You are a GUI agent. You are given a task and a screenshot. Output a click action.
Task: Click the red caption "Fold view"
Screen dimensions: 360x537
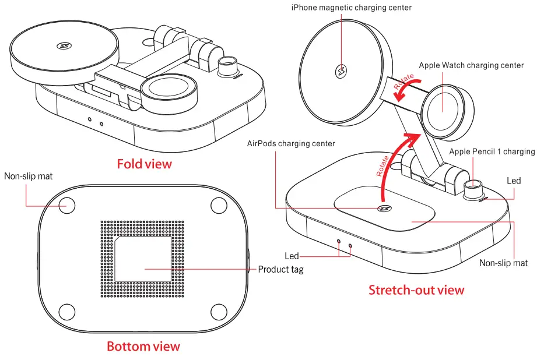point(145,164)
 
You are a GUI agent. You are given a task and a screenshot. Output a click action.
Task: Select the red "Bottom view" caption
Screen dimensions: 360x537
point(143,347)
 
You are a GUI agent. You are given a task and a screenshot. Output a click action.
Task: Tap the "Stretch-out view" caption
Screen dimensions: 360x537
point(416,290)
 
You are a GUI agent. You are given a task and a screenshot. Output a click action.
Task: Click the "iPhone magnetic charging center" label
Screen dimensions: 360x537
point(360,8)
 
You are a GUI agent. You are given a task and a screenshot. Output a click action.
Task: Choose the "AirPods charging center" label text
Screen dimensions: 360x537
point(291,143)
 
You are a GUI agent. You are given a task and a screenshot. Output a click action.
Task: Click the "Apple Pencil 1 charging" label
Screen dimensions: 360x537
point(492,151)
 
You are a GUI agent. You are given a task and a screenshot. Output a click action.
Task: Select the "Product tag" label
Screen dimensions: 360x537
point(281,270)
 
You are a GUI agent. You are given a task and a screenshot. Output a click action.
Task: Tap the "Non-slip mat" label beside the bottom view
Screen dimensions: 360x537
point(29,175)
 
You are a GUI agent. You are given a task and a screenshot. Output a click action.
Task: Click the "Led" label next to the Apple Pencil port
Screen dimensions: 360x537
point(513,181)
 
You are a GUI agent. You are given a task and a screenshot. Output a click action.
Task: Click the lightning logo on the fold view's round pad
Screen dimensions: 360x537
point(62,46)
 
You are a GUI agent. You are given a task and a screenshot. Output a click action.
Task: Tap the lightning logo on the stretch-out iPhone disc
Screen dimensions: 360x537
point(341,72)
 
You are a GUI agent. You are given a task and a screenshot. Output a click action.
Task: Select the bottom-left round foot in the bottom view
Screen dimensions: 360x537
point(68,311)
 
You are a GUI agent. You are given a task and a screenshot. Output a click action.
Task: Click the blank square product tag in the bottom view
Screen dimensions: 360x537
point(143,259)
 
